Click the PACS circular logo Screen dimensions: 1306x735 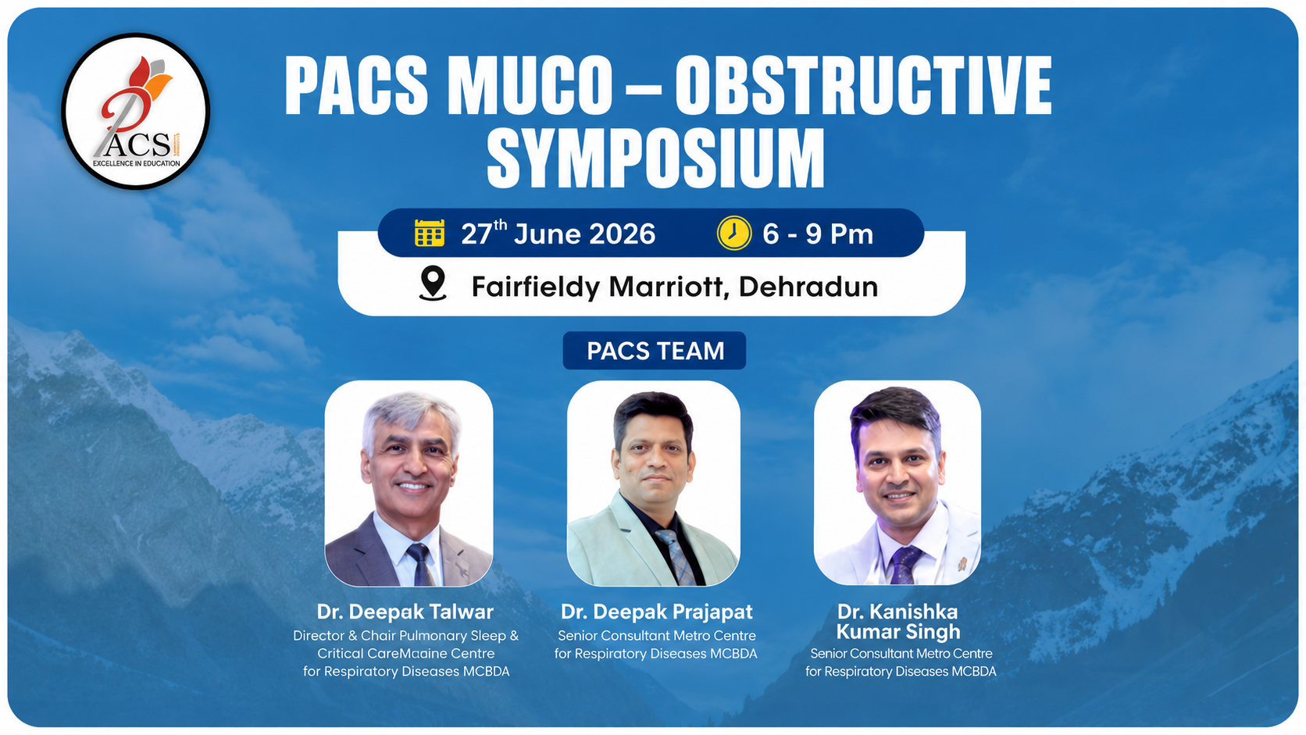point(136,112)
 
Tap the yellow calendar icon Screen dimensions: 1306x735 point(430,233)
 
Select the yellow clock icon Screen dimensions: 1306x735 point(734,233)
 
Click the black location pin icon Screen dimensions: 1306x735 point(433,284)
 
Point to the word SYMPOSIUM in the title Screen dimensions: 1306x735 point(656,157)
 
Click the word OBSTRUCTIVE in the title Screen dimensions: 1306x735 point(863,85)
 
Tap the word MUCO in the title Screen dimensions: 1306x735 point(533,85)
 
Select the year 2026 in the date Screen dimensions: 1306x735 point(622,234)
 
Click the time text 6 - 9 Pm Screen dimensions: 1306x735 point(818,234)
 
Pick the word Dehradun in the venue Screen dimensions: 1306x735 point(808,287)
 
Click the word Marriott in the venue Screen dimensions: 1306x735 point(665,287)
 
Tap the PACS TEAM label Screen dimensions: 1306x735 point(655,351)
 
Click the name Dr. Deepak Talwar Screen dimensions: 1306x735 point(405,612)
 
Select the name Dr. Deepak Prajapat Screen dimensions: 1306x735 point(656,612)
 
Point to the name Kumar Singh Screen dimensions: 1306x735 point(898,631)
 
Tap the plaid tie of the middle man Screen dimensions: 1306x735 point(675,557)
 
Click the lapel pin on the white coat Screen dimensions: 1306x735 point(962,564)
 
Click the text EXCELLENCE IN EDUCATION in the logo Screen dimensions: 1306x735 point(137,164)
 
